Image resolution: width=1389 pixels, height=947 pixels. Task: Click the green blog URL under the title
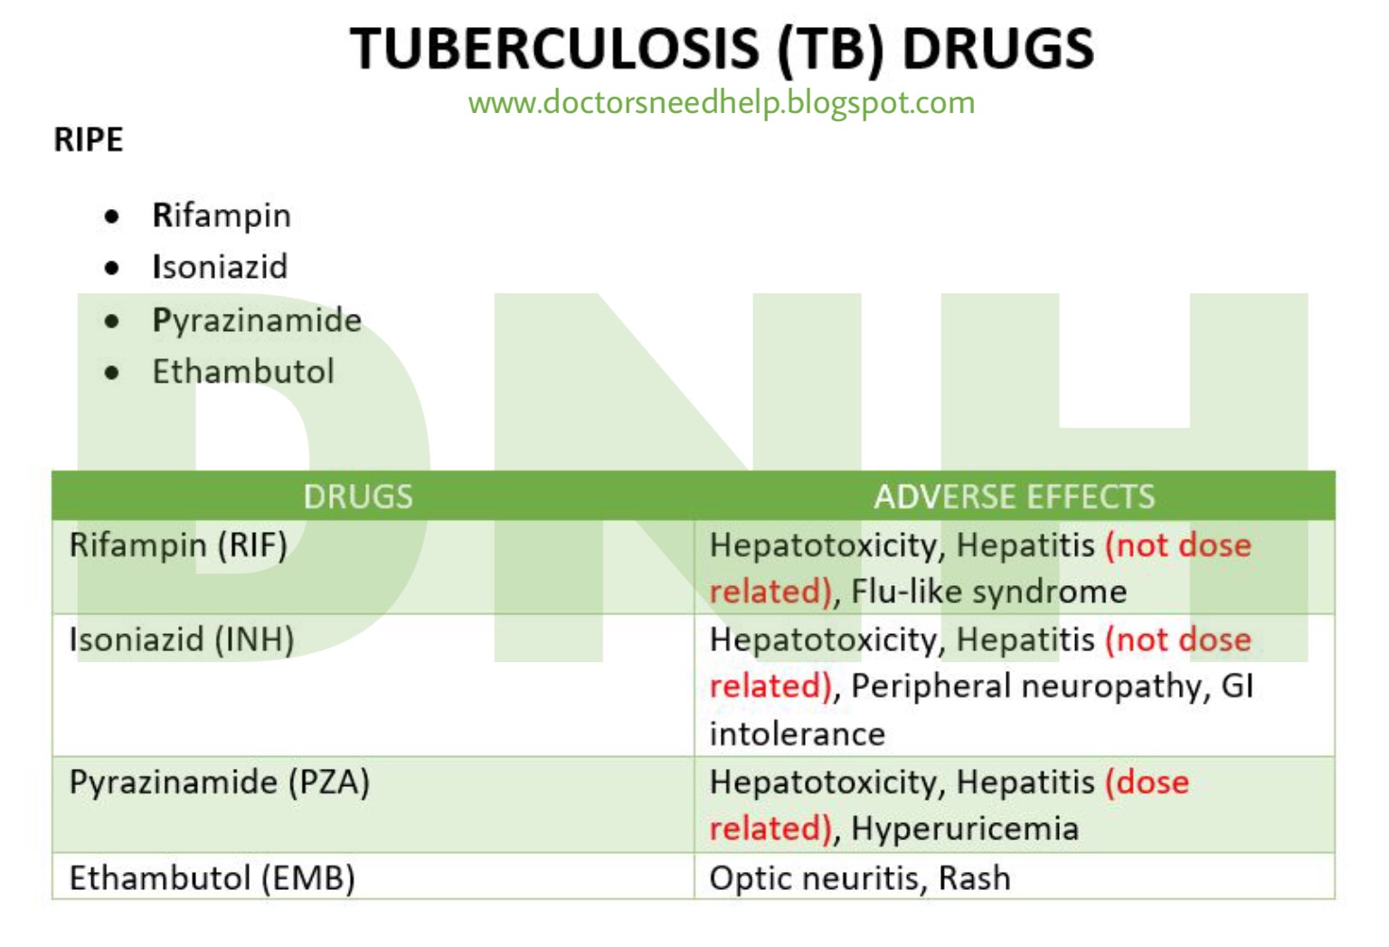tap(721, 102)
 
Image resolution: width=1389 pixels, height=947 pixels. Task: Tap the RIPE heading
tap(89, 140)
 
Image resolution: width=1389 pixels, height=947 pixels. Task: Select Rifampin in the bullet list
tap(222, 215)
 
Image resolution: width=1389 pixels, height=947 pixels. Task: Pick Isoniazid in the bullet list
tap(220, 267)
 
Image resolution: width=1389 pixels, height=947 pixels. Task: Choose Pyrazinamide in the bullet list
tap(257, 320)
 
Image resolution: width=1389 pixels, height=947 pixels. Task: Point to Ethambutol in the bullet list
tap(243, 372)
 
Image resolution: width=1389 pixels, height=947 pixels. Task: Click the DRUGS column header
tap(358, 497)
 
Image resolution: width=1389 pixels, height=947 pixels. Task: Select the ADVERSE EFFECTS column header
tap(1014, 497)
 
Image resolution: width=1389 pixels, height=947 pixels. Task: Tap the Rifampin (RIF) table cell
tap(178, 545)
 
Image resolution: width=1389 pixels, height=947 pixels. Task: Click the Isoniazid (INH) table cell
tap(182, 640)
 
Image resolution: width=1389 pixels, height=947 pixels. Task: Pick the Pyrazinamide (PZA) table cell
tap(220, 782)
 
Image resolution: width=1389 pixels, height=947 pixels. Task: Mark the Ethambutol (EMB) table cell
tap(213, 878)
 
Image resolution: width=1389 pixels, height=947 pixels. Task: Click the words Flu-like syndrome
tap(988, 592)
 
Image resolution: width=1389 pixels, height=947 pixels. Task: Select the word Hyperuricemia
tap(965, 829)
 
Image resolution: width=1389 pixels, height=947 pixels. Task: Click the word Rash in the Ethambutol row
tap(974, 878)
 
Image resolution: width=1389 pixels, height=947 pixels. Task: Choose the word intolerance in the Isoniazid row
tap(797, 734)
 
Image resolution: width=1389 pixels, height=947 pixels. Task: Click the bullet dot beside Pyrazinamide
tap(112, 321)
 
